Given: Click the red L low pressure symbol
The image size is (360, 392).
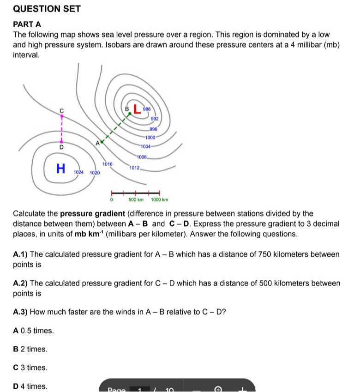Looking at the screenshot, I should pyautogui.click(x=137, y=109).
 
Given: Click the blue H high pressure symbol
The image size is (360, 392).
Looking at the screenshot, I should pyautogui.click(x=60, y=169).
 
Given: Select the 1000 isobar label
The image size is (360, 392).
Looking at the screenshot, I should pyautogui.click(x=150, y=138).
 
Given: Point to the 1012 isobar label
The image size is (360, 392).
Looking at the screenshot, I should pyautogui.click(x=134, y=168).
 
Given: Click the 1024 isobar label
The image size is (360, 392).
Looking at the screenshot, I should pyautogui.click(x=78, y=172).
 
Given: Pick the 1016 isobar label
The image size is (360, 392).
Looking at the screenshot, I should pyautogui.click(x=107, y=164).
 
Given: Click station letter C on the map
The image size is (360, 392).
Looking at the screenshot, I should pyautogui.click(x=61, y=111).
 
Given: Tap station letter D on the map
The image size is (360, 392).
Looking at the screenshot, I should pyautogui.click(x=61, y=147).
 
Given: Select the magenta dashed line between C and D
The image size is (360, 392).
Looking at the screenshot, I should pyautogui.click(x=61, y=129).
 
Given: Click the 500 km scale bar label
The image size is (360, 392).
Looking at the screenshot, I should pyautogui.click(x=136, y=200).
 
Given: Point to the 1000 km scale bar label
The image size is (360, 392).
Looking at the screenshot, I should pyautogui.click(x=159, y=200).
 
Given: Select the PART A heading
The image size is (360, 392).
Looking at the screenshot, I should pyautogui.click(x=27, y=24).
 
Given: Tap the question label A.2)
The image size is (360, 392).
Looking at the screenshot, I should pyautogui.click(x=20, y=283).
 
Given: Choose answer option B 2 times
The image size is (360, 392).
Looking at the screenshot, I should pyautogui.click(x=30, y=349).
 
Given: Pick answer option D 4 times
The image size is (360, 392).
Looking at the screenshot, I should pyautogui.click(x=30, y=386).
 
